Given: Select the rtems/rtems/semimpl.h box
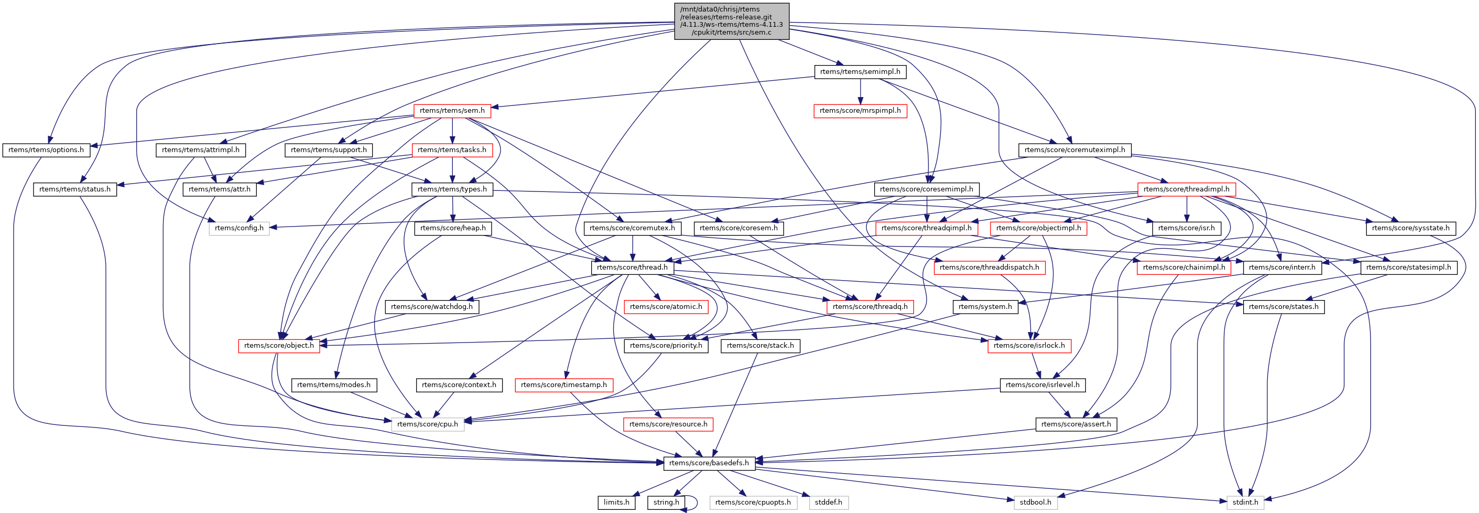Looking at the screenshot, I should (x=860, y=72).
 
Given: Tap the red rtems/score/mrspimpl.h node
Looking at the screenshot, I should (x=860, y=111).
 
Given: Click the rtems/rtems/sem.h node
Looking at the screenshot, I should (x=452, y=111).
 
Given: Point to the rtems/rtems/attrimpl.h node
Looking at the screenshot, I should (x=200, y=150).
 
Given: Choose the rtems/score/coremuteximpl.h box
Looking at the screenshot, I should (x=1075, y=150).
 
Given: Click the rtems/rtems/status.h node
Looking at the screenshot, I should (x=74, y=189).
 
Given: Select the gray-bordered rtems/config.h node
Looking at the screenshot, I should (x=239, y=228).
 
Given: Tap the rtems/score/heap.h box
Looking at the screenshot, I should (x=452, y=228).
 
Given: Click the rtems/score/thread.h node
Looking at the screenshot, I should (x=632, y=267).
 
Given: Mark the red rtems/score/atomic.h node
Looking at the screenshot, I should (x=666, y=306).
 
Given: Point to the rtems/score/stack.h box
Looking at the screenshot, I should (x=760, y=345).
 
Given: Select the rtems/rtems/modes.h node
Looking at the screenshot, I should (x=333, y=384).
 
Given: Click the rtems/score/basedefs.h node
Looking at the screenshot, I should (x=709, y=463).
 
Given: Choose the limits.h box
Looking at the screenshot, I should (x=616, y=502).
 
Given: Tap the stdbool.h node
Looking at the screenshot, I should (x=1035, y=502).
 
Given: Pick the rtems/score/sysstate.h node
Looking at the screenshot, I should (x=1410, y=228).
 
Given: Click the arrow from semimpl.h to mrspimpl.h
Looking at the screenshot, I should (x=860, y=91).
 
